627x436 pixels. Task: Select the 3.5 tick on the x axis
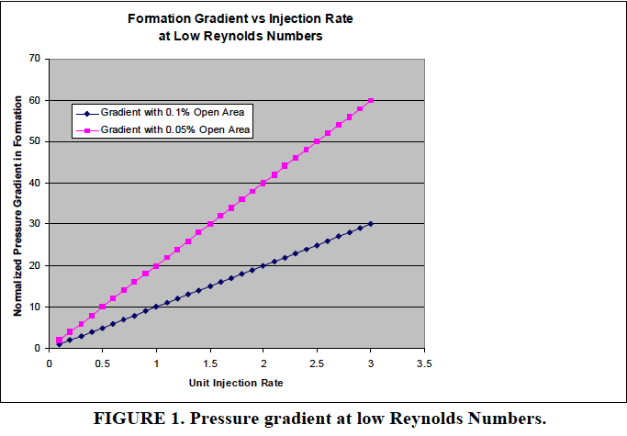pyautogui.click(x=424, y=363)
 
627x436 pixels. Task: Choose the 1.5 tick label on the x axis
pyautogui.click(x=210, y=363)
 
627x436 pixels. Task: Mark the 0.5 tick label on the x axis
pyautogui.click(x=103, y=363)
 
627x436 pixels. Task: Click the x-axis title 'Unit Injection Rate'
pyautogui.click(x=236, y=382)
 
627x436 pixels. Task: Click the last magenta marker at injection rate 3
pyautogui.click(x=371, y=100)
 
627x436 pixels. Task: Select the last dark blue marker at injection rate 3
pyautogui.click(x=371, y=224)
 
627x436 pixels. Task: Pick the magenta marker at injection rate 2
pyautogui.click(x=263, y=183)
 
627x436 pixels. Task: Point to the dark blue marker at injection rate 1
pyautogui.click(x=156, y=307)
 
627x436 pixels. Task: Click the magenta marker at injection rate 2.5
pyautogui.click(x=317, y=141)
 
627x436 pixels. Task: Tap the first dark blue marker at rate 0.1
pyautogui.click(x=60, y=344)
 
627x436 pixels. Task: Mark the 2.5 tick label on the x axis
pyautogui.click(x=317, y=363)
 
